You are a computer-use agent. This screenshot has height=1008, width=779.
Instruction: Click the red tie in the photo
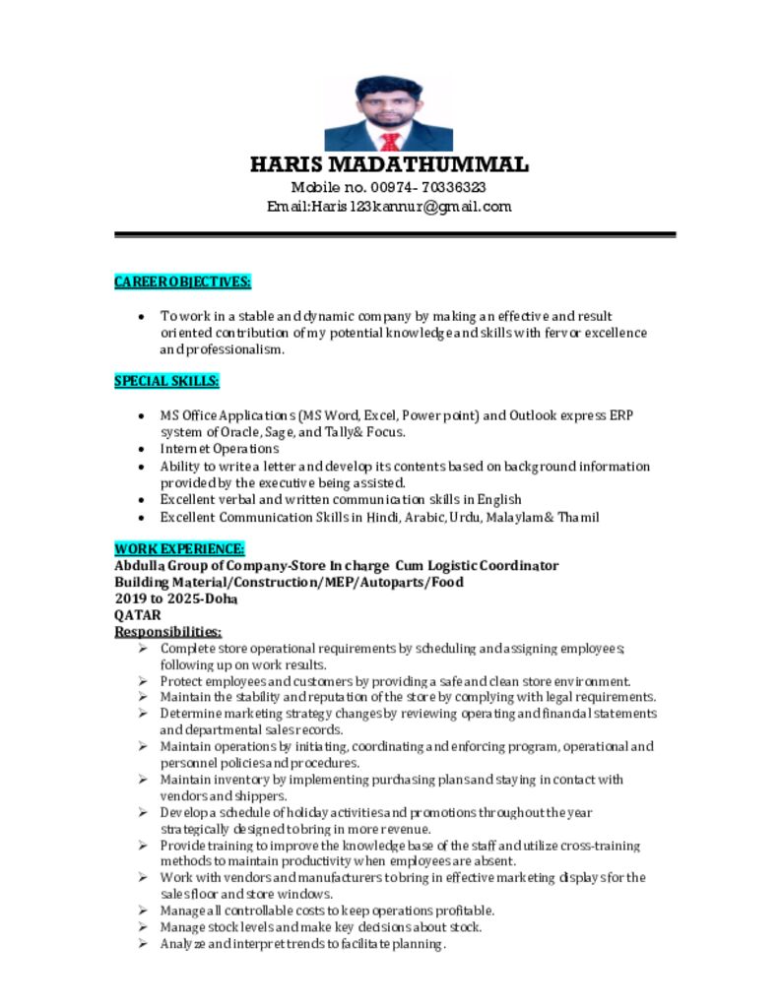tap(390, 141)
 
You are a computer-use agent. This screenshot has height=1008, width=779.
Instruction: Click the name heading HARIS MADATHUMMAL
tap(389, 164)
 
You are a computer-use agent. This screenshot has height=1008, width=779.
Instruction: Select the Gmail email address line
tap(389, 207)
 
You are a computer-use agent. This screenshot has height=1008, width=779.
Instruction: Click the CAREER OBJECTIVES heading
tap(182, 283)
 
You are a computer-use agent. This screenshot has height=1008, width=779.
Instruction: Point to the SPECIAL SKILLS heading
tap(166, 381)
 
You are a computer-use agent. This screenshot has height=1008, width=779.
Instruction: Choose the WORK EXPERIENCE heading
tap(179, 548)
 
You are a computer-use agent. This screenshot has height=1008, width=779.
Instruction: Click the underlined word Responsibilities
tap(168, 632)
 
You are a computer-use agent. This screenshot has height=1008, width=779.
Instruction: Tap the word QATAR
tap(138, 615)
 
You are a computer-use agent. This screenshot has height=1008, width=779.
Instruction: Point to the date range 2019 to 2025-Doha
tap(176, 598)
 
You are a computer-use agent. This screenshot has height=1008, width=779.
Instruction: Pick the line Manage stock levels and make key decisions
tap(321, 927)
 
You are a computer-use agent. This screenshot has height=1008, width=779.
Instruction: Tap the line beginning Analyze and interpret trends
tap(303, 944)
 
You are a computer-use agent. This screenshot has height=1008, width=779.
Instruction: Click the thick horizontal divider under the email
tap(395, 234)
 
